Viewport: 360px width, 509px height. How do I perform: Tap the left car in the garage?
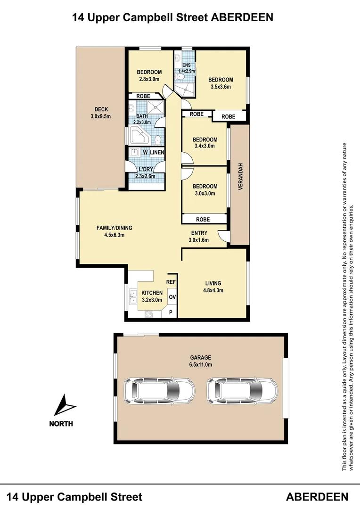(159, 391)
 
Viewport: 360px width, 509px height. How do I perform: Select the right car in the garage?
(242, 391)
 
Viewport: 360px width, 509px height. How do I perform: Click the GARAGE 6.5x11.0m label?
(201, 361)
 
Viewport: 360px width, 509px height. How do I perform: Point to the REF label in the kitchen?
(171, 282)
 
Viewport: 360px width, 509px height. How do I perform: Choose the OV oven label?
(172, 297)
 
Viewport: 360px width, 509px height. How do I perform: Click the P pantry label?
(171, 313)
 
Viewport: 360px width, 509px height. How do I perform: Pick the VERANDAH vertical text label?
(240, 176)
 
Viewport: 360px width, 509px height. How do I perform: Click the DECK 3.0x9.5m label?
(101, 113)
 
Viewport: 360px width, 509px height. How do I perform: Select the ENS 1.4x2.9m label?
(186, 68)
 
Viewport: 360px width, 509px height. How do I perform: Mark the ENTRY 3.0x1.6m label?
(199, 237)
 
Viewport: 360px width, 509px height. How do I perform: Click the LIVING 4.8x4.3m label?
(213, 287)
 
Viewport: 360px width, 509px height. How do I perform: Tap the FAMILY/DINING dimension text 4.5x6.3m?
(114, 235)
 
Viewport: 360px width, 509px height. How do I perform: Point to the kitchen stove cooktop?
(149, 314)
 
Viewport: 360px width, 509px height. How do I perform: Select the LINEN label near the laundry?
(157, 152)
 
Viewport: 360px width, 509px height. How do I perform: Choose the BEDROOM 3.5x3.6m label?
(221, 83)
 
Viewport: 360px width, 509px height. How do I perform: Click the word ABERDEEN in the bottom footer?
(317, 497)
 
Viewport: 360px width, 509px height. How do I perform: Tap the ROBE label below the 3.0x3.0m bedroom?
(203, 220)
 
